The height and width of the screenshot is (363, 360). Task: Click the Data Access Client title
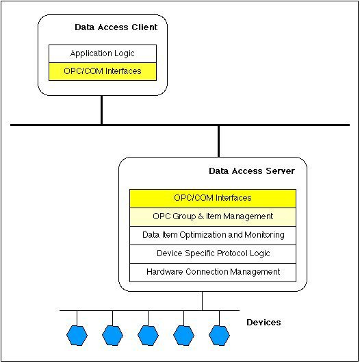(x=115, y=27)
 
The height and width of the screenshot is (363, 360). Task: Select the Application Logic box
(x=103, y=53)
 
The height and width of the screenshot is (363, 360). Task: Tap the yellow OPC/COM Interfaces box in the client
(x=103, y=70)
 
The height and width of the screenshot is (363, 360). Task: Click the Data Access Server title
(x=251, y=171)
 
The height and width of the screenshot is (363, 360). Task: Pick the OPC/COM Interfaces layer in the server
(x=213, y=198)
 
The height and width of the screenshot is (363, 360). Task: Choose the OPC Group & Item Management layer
(x=213, y=216)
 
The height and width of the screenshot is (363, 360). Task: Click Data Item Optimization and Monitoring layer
(x=213, y=235)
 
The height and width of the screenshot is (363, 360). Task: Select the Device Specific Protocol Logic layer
(x=213, y=253)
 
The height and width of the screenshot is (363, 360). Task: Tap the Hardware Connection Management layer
(x=213, y=272)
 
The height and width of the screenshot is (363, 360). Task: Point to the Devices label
(x=263, y=322)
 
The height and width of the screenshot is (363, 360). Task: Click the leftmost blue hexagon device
(x=76, y=335)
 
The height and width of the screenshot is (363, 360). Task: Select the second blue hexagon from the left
(x=112, y=335)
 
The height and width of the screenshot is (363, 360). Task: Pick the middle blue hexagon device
(x=147, y=335)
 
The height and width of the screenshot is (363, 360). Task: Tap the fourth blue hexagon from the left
(x=183, y=335)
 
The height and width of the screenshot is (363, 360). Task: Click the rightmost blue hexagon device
(x=218, y=335)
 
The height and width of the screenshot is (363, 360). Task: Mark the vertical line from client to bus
(x=101, y=110)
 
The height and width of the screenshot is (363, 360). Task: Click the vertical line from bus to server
(x=218, y=140)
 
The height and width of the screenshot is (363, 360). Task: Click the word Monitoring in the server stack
(x=264, y=235)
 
